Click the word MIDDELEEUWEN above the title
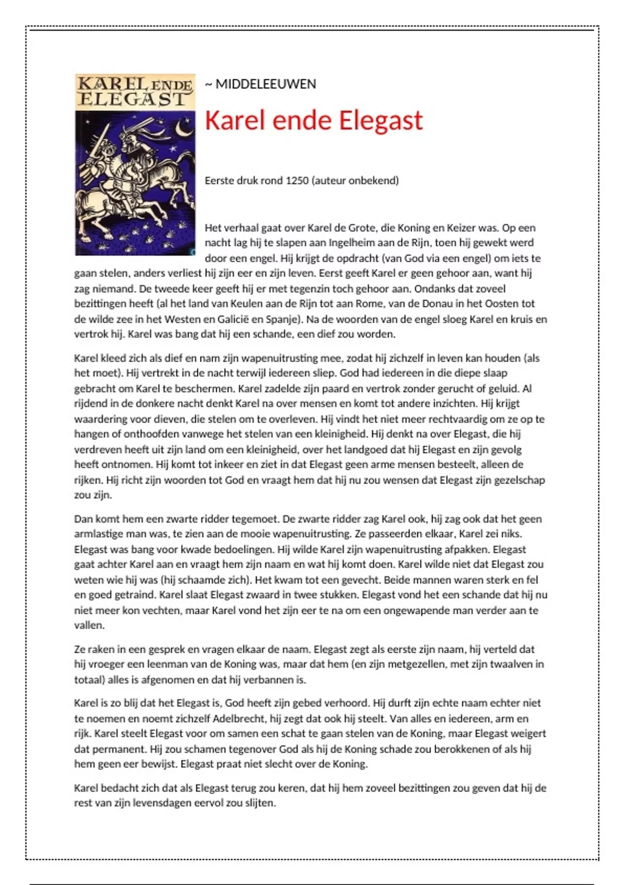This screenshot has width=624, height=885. click(x=265, y=84)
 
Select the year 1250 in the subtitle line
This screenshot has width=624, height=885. click(x=297, y=181)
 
